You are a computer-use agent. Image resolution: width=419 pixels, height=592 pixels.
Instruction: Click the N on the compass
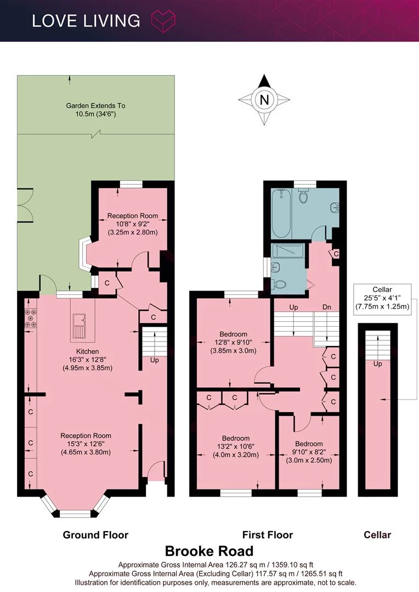point(264,100)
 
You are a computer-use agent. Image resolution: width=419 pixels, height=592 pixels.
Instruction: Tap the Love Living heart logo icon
point(163,21)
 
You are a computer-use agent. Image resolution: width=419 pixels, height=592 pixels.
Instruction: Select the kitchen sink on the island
point(80,325)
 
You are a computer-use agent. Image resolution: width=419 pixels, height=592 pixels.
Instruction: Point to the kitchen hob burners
point(31,318)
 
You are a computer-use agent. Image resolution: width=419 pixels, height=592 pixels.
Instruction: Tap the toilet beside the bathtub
point(303,196)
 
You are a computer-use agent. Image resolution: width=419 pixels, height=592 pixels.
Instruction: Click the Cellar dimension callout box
point(382,298)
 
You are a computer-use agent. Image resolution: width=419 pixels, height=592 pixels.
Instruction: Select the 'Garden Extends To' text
point(95,106)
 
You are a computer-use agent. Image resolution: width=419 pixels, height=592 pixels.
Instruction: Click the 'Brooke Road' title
point(209,551)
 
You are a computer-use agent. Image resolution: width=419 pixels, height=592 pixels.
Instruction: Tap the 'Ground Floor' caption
point(95,534)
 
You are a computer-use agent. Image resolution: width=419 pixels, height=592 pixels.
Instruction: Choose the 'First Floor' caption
point(268,534)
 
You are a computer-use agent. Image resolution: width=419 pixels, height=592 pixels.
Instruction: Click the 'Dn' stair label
point(326,307)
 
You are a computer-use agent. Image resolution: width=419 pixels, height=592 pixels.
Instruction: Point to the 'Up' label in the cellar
point(377,363)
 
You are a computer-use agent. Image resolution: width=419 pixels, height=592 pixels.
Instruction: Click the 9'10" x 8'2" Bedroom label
point(309,452)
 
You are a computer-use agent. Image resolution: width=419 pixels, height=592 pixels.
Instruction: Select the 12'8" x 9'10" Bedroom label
point(233,342)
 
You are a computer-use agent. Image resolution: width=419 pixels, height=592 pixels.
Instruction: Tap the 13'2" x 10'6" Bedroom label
point(235,446)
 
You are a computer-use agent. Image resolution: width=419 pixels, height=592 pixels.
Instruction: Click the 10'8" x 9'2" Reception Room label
point(132,224)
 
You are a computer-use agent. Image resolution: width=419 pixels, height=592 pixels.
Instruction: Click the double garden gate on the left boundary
point(24,206)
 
